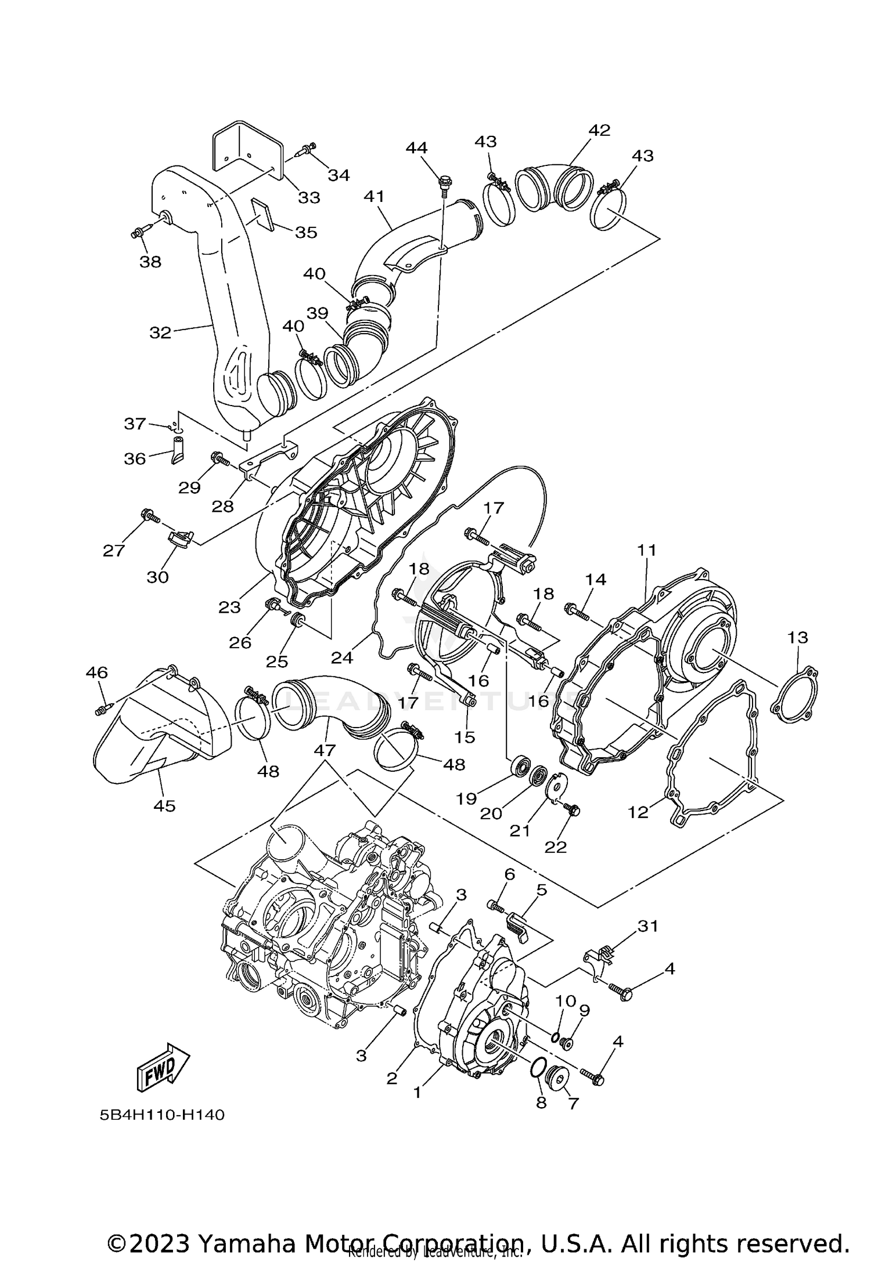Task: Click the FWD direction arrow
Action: [x=163, y=1068]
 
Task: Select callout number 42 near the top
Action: [x=599, y=130]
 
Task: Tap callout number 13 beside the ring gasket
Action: [x=797, y=637]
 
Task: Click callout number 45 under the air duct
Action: [x=164, y=805]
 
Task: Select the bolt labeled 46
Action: [x=103, y=710]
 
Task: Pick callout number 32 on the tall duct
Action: [x=160, y=332]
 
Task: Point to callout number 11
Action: [x=646, y=549]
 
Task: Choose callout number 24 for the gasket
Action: [x=341, y=657]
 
